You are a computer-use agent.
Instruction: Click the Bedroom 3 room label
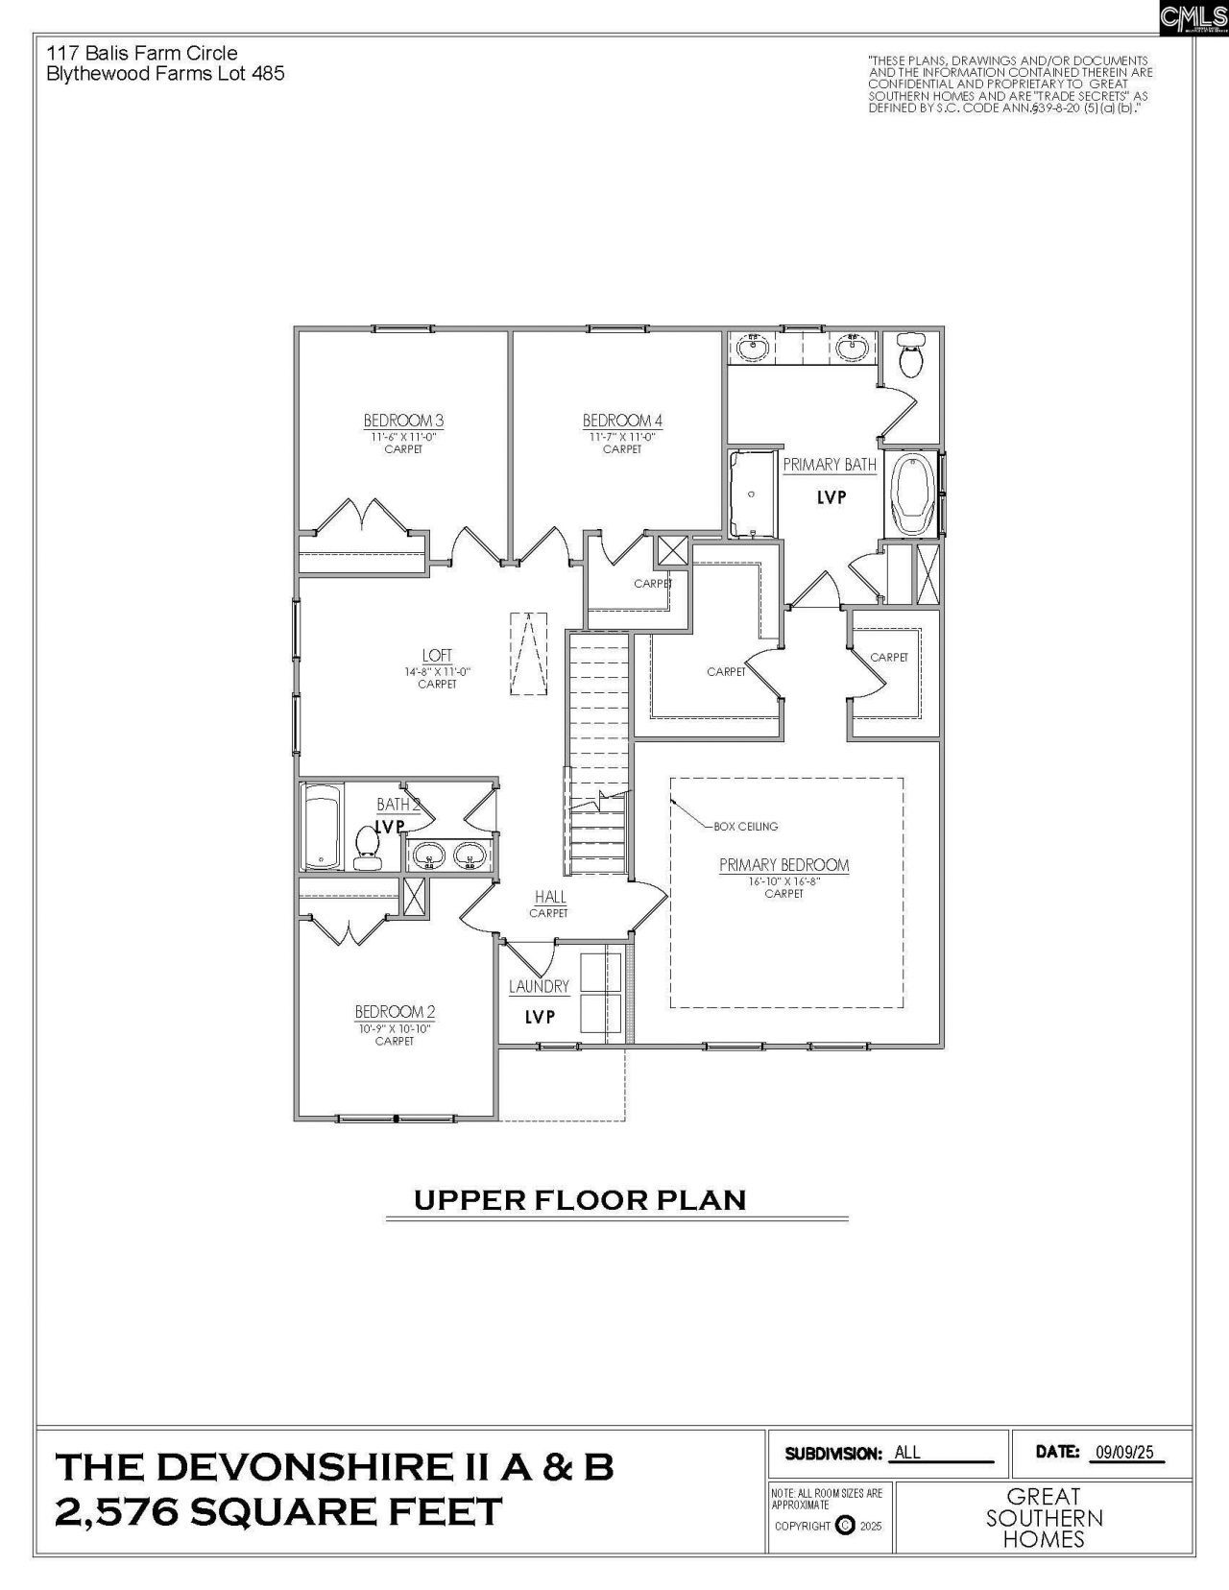(x=403, y=421)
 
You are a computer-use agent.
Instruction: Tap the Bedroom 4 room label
(x=622, y=421)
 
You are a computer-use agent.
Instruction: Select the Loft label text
(x=437, y=656)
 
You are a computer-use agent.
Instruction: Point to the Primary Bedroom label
(x=784, y=865)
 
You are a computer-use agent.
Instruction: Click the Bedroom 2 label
(x=395, y=1012)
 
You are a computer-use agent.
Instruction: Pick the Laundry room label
(x=539, y=986)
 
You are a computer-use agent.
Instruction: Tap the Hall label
(x=550, y=897)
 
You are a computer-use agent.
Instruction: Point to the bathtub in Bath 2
(x=322, y=827)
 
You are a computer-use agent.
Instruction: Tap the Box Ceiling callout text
(x=746, y=826)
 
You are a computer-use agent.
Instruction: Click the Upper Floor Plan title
(x=580, y=1200)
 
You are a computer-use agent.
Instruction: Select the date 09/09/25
(x=1123, y=1453)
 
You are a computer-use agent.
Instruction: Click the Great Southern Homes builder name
(x=1044, y=1518)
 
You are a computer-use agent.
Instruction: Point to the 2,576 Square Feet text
(x=278, y=1512)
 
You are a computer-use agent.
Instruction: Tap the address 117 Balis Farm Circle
(x=142, y=53)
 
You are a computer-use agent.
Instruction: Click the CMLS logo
(x=1193, y=17)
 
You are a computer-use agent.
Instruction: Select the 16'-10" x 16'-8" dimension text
(x=784, y=880)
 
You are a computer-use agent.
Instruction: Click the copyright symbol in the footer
(x=845, y=1525)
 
